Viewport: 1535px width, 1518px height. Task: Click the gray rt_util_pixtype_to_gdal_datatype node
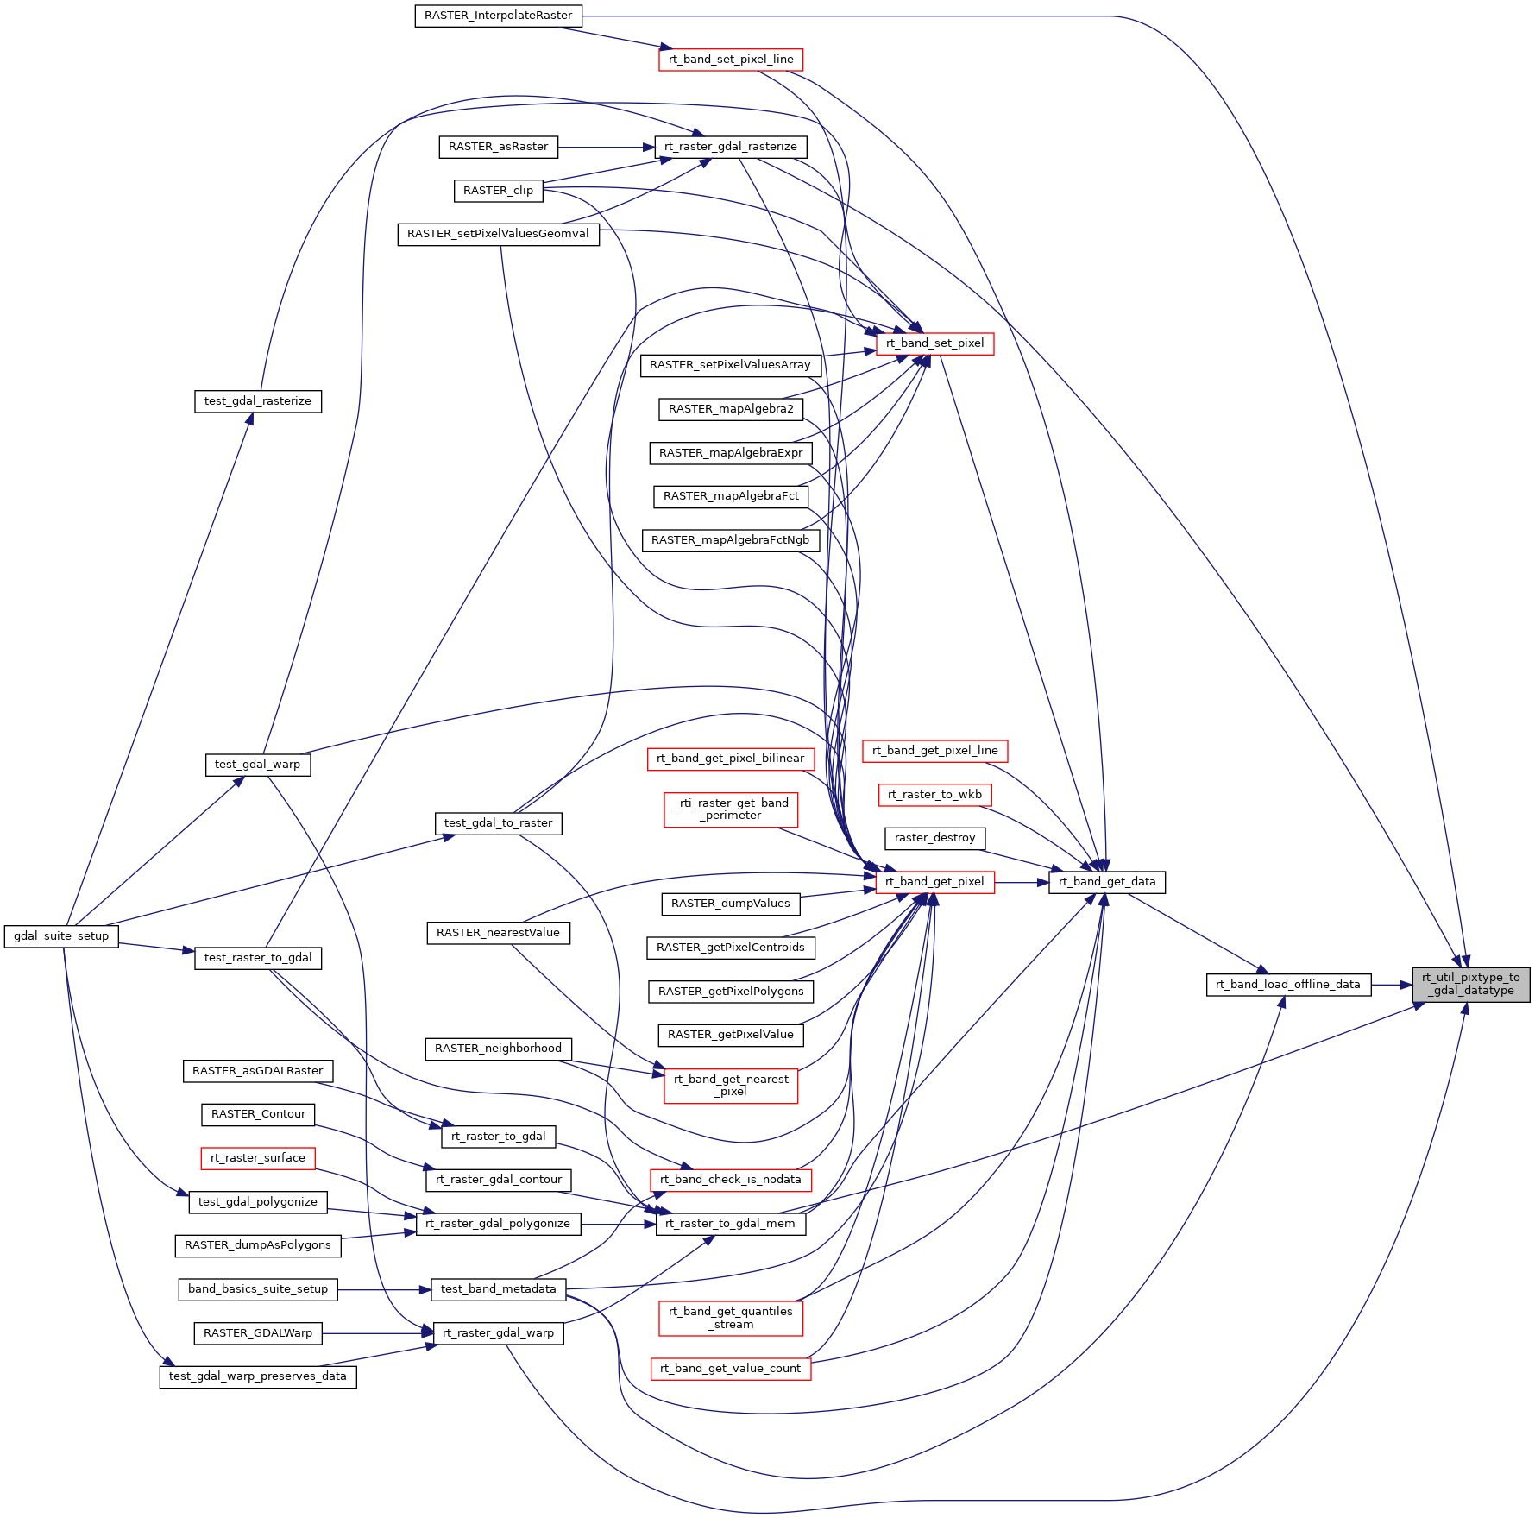click(1470, 985)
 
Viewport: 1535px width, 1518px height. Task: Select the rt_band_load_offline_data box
click(1287, 985)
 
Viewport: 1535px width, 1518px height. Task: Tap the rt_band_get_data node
click(1106, 882)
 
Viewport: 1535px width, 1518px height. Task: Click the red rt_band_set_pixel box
click(934, 343)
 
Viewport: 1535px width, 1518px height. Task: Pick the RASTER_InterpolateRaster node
click(498, 16)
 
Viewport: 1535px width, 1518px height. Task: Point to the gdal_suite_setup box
click(61, 936)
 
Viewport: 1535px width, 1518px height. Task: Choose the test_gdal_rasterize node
click(257, 401)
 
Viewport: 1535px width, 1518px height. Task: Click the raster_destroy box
click(934, 838)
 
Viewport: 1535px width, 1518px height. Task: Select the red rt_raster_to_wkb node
click(934, 795)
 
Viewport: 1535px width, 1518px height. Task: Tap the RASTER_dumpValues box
click(730, 904)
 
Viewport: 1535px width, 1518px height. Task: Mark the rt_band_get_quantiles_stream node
click(730, 1318)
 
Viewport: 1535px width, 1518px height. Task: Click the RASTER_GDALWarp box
click(257, 1333)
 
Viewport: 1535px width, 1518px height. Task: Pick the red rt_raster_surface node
click(257, 1158)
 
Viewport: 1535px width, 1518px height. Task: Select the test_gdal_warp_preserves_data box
click(257, 1376)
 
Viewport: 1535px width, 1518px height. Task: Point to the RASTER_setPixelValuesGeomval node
click(498, 234)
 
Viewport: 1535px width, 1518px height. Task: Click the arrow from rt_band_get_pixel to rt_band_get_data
click(1021, 882)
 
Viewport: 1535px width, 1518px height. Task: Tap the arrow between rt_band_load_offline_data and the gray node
click(1391, 985)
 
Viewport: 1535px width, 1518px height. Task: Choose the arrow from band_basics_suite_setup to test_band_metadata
click(384, 1290)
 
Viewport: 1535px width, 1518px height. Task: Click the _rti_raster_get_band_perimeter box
click(730, 809)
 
